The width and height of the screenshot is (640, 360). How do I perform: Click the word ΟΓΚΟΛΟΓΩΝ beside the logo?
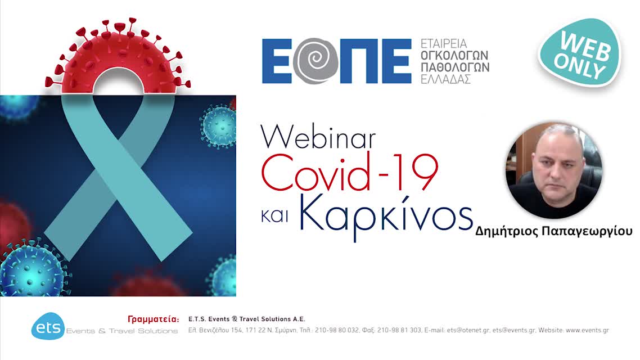454,55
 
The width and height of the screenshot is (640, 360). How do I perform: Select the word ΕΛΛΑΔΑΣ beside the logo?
446,79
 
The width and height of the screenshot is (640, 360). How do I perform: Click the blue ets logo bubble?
47,326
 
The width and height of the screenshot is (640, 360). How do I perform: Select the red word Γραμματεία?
154,319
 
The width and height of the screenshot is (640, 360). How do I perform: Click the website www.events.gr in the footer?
587,330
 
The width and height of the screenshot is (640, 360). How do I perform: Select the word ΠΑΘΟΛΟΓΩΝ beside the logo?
455,67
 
